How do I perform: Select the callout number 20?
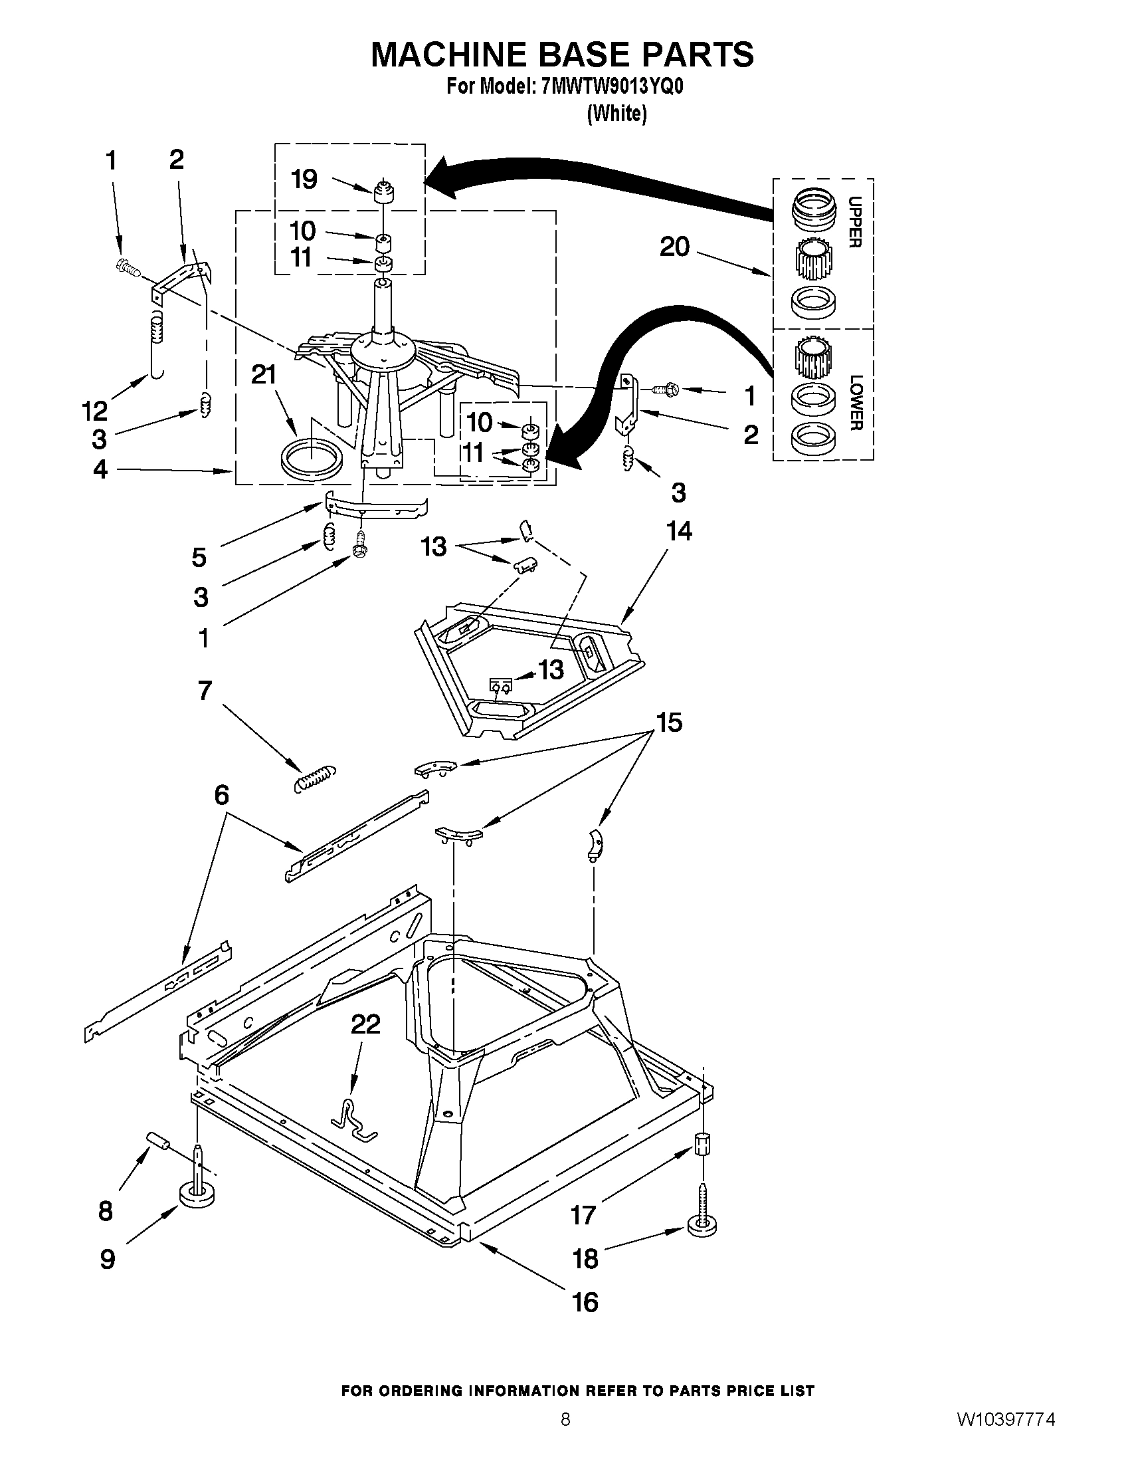(x=674, y=247)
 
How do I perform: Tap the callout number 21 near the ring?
(x=264, y=375)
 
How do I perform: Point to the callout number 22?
(x=365, y=1024)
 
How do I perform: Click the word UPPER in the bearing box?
(x=855, y=222)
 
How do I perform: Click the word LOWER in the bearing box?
(x=856, y=402)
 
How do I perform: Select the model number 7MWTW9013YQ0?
(x=612, y=87)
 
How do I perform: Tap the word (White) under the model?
(x=616, y=114)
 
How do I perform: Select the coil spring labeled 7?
(x=316, y=778)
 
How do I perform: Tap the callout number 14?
(x=678, y=531)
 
